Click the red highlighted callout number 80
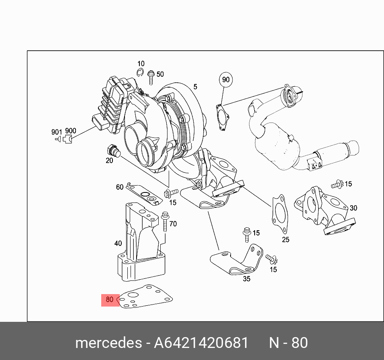pos(110,300)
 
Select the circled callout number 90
pos(226,80)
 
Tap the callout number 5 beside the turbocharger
pos(195,87)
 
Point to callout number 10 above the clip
pos(141,64)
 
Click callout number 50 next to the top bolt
pos(160,74)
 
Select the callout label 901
pos(57,132)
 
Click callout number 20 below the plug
pos(109,161)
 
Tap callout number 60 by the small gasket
pos(120,187)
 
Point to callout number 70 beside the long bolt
pos(173,224)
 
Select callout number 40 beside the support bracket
pos(118,243)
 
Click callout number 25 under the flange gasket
pos(285,240)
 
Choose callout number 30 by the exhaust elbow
pos(353,208)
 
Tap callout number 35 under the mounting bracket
pos(247,278)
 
